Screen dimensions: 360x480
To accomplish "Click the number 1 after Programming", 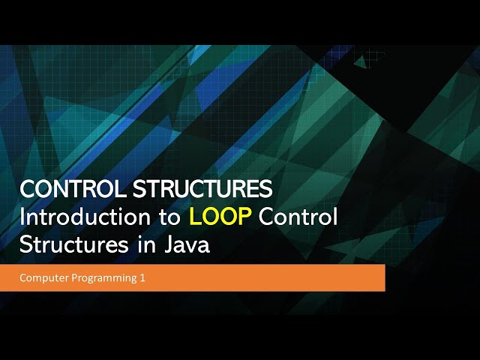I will pyautogui.click(x=142, y=278).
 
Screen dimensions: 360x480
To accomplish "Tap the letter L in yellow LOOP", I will pyautogui.click(x=193, y=217).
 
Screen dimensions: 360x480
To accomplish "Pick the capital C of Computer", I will pyautogui.click(x=23, y=278).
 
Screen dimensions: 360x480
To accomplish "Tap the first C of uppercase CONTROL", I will pyautogui.click(x=26, y=190).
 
